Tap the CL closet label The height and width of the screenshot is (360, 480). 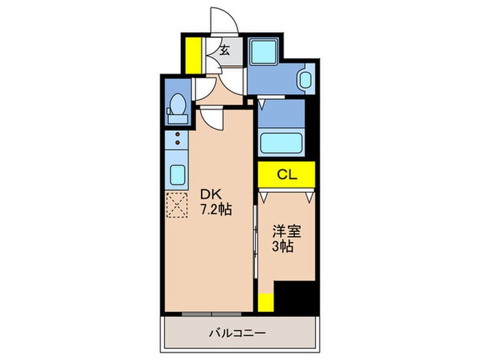pos(287,175)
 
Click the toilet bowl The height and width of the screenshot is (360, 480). pos(176,106)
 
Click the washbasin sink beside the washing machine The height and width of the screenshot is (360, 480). pos(306,80)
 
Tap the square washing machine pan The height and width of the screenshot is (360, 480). pos(261,51)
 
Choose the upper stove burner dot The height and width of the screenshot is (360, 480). pos(177,135)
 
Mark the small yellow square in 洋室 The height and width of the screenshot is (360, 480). pos(266,302)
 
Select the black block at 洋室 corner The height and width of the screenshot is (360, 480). pos(296,295)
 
